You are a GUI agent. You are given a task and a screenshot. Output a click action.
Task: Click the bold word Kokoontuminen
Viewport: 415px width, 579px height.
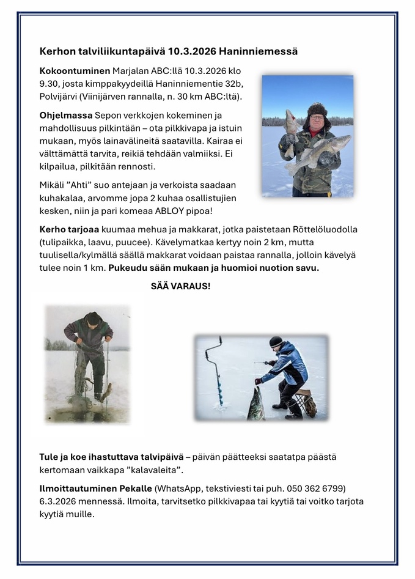coord(74,71)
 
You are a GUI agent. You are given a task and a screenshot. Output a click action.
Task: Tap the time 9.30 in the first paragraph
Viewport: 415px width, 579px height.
coord(50,84)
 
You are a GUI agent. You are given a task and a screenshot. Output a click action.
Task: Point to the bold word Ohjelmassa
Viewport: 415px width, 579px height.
coord(66,116)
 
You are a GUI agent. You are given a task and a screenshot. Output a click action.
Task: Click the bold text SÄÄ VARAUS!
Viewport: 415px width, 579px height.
coord(180,286)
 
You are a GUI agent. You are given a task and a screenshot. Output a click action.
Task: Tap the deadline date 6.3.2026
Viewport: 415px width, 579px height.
coord(62,501)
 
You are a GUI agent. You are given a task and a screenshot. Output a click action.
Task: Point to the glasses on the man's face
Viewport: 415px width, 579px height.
coord(316,117)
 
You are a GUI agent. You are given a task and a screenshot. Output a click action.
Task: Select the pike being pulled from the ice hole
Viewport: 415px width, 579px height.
coord(255,406)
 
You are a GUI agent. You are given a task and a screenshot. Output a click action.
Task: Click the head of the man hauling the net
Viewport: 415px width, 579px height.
coord(93,319)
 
